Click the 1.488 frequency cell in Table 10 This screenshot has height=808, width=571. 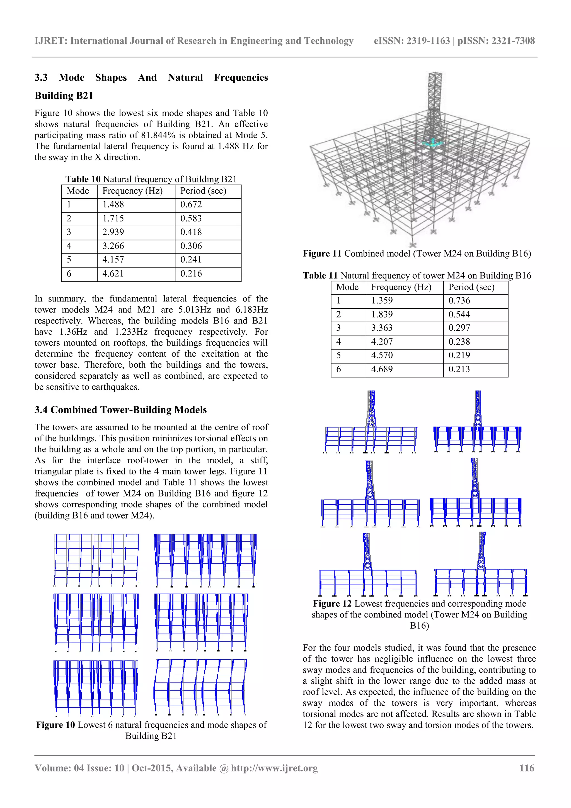113,204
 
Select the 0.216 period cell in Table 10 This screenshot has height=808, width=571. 191,273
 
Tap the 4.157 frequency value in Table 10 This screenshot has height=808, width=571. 113,260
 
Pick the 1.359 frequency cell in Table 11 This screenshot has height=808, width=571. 382,301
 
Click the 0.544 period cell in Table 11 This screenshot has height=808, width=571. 459,314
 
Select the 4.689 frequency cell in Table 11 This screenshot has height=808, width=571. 382,369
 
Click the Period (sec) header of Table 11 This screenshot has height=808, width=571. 471,287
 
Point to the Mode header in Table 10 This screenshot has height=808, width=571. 78,191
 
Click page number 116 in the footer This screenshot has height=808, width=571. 527,768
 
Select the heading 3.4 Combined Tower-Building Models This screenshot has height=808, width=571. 121,410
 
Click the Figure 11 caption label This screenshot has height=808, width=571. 322,254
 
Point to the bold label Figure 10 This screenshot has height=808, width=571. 55,725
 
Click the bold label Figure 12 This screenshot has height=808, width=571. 332,604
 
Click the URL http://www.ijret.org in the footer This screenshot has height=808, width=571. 274,768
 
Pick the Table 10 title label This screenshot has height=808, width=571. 83,179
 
